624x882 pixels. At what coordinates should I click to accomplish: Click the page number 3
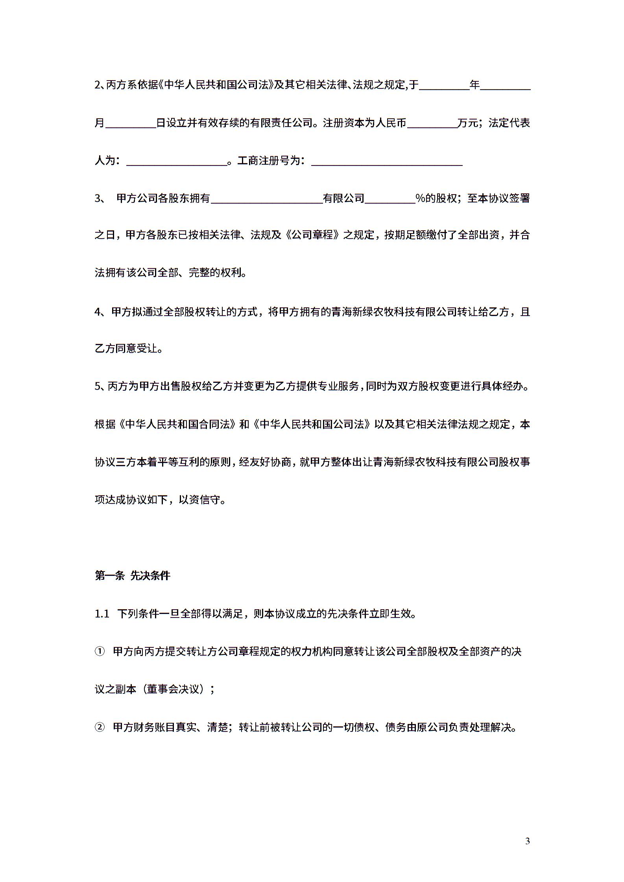click(x=528, y=841)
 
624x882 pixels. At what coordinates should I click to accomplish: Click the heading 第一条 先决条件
click(x=132, y=576)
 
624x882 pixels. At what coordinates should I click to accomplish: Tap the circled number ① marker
click(x=99, y=652)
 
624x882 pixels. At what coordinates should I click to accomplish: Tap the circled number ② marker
click(x=99, y=727)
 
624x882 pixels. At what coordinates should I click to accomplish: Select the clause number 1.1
click(x=102, y=614)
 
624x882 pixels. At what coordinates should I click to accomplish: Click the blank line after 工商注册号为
click(x=386, y=161)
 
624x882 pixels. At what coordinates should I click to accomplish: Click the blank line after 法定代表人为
click(x=177, y=161)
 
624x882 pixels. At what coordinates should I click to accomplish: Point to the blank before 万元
click(x=432, y=123)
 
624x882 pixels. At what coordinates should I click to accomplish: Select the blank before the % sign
click(x=390, y=199)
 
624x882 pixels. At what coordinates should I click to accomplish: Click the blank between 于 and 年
click(x=444, y=85)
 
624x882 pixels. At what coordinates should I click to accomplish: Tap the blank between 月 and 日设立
click(x=131, y=123)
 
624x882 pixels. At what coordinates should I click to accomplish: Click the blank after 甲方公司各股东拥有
click(x=267, y=199)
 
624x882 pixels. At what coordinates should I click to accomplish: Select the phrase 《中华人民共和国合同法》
click(x=178, y=424)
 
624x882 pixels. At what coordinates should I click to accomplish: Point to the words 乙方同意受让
click(x=126, y=349)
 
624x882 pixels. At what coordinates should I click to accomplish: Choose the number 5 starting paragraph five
click(x=98, y=386)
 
